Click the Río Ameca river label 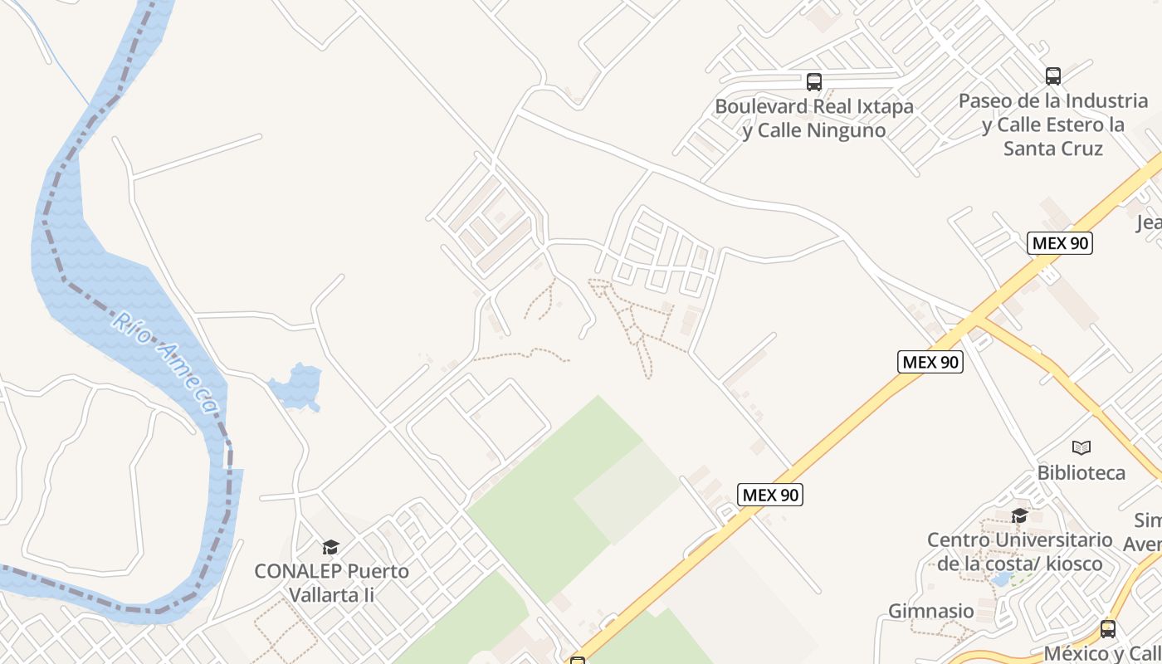click(167, 362)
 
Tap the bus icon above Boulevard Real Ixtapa click(813, 81)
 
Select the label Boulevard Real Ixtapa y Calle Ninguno click(813, 119)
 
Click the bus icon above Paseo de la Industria click(1052, 76)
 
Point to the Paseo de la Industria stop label click(1053, 124)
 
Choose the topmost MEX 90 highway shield click(1059, 243)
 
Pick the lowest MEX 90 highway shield click(770, 495)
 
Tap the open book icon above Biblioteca click(1081, 448)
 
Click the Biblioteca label click(1081, 473)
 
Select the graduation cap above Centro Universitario click(1019, 515)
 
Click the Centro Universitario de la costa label click(1019, 552)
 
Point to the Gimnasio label click(931, 612)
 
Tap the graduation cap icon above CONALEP click(330, 547)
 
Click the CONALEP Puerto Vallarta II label click(331, 583)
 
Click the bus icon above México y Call click(1107, 628)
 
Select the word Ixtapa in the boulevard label click(874, 106)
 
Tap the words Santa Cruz click(1053, 149)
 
